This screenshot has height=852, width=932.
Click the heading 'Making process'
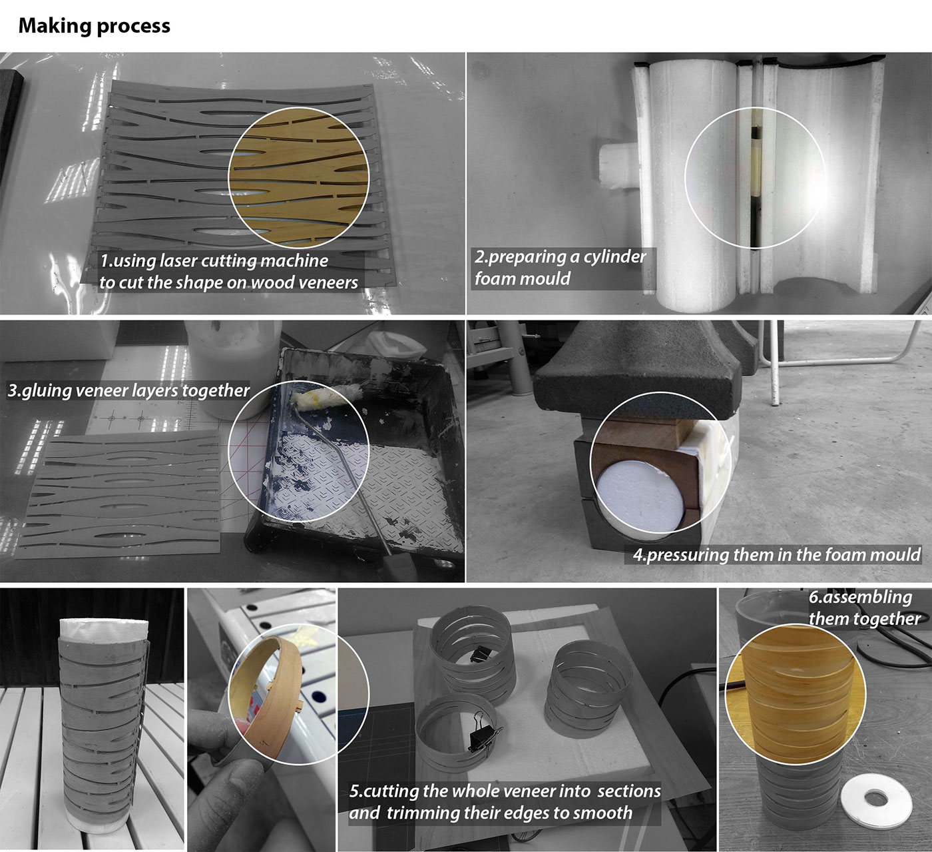pos(95,26)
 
